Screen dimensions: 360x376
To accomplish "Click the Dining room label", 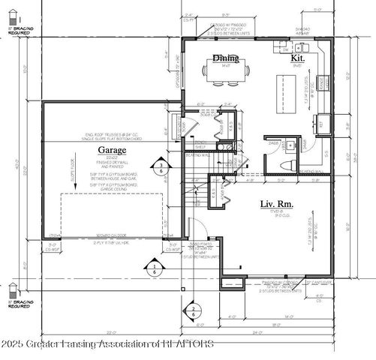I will [x=225, y=58].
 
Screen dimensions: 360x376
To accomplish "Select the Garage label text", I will [x=111, y=150].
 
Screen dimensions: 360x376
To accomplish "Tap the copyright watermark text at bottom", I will [x=109, y=344].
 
